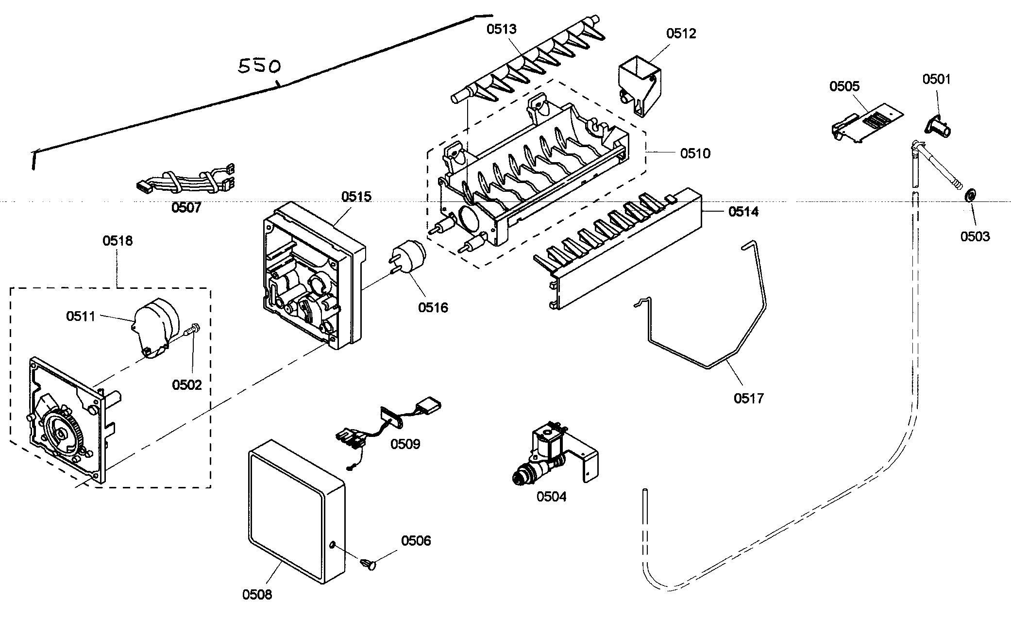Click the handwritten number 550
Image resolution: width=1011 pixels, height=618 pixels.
point(259,66)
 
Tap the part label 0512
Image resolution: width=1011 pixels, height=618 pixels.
point(681,33)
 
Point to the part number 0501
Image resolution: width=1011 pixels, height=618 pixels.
point(936,79)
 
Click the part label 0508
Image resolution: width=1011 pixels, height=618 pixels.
point(257,594)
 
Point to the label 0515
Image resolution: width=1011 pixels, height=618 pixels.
point(356,197)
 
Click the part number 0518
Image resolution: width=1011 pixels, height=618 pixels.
point(118,240)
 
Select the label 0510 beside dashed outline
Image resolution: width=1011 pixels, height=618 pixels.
point(695,153)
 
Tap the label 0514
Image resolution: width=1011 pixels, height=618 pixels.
point(743,212)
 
